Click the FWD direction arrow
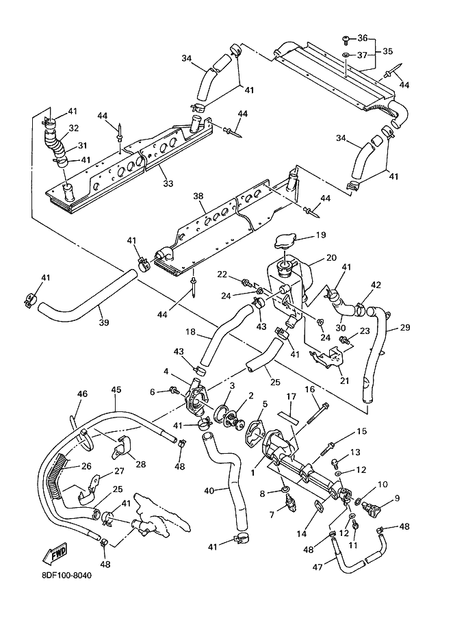click(55, 554)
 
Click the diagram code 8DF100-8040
click(66, 575)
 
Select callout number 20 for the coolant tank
click(331, 258)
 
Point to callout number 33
click(168, 184)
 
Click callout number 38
click(198, 196)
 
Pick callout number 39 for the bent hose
click(104, 322)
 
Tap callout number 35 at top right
click(387, 51)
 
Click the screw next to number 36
click(346, 39)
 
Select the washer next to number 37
click(346, 55)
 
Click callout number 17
click(291, 397)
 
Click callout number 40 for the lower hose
click(209, 490)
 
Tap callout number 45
click(116, 389)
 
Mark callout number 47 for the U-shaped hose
click(318, 567)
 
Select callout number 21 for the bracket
click(345, 381)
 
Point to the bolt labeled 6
click(174, 391)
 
